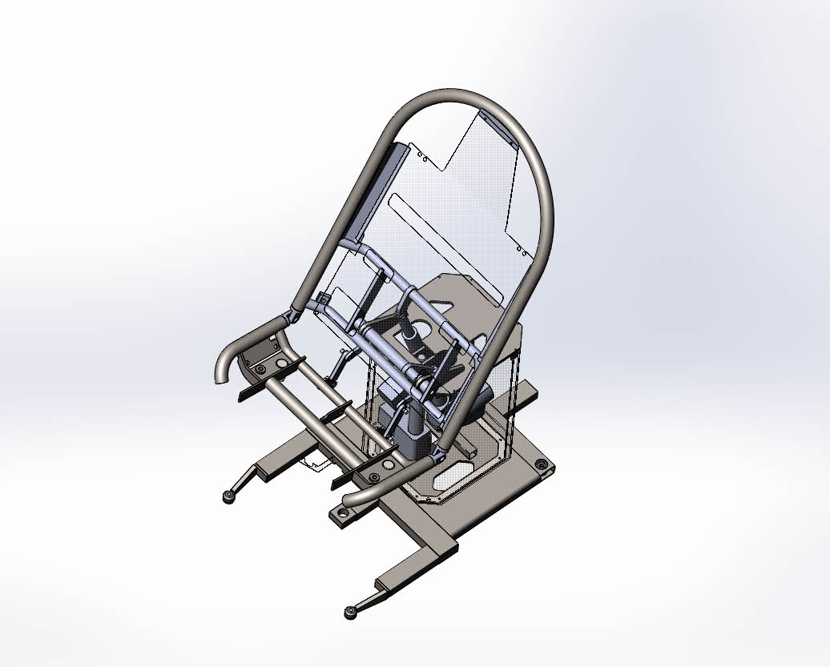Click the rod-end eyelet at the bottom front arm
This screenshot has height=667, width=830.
(350, 613)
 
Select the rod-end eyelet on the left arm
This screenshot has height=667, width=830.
(228, 498)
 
